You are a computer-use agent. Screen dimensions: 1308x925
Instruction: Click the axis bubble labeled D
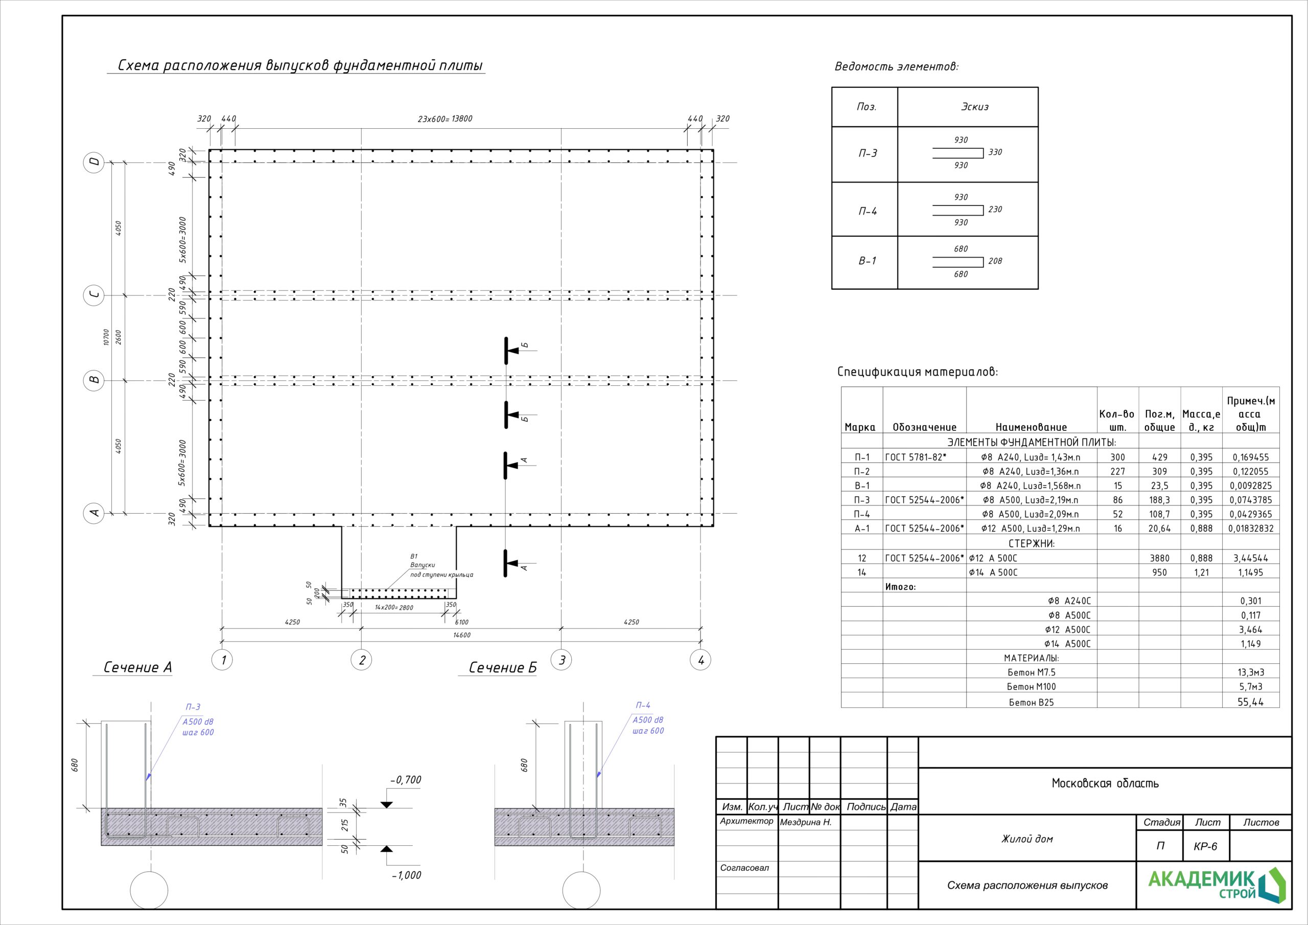point(95,162)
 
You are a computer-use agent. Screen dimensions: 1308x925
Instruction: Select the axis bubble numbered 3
point(562,660)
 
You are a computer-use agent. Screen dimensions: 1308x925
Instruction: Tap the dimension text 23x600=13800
point(445,119)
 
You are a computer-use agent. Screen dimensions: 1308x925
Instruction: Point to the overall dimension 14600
point(462,635)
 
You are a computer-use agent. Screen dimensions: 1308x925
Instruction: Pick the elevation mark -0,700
point(406,780)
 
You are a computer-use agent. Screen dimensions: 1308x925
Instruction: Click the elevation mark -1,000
point(406,875)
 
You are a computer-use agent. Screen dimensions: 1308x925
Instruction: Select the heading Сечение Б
point(502,667)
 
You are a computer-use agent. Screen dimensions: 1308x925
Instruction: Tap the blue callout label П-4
point(643,706)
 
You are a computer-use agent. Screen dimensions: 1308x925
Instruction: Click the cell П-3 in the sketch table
point(868,153)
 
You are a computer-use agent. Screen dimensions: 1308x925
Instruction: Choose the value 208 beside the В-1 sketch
point(995,261)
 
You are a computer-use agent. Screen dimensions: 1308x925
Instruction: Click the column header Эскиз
point(975,107)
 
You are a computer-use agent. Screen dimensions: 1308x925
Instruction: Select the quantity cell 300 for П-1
point(1118,457)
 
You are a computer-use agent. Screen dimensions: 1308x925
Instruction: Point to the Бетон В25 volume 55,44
point(1250,702)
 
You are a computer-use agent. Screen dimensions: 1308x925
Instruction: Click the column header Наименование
point(1031,427)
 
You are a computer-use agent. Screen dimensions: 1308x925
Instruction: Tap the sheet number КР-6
point(1205,846)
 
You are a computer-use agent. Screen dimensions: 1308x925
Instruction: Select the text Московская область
point(1105,783)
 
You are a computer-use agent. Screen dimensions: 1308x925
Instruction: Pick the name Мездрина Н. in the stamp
point(806,822)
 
